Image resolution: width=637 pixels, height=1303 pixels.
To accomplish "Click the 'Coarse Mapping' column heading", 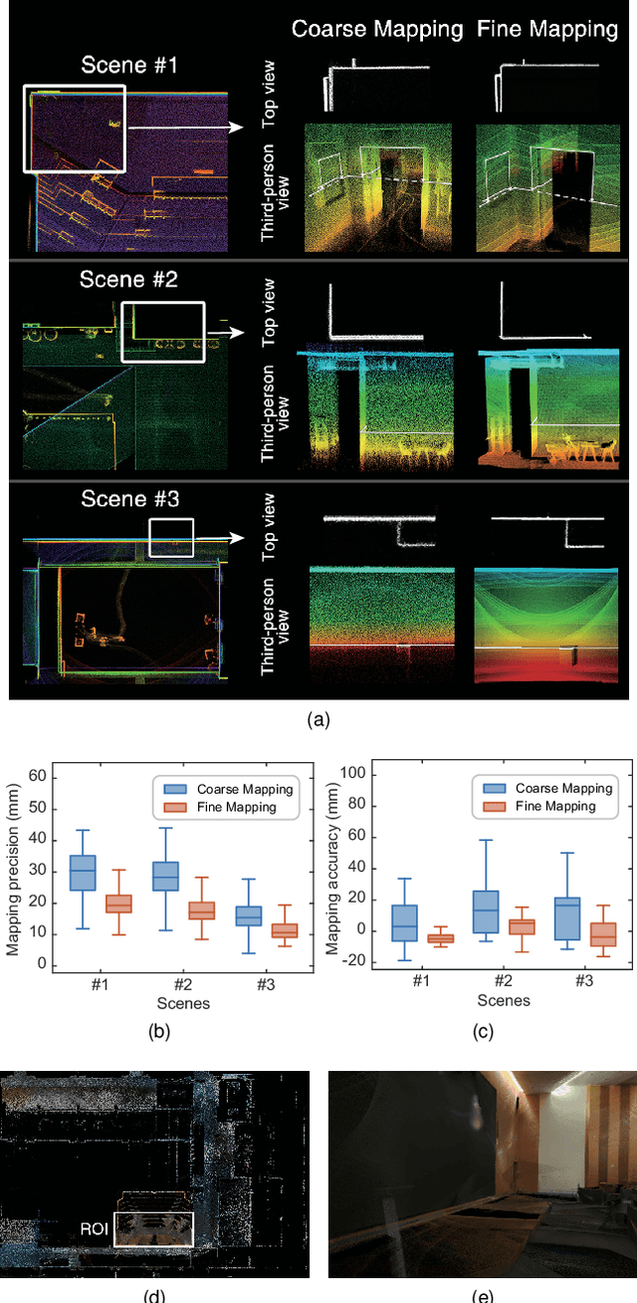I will click(377, 29).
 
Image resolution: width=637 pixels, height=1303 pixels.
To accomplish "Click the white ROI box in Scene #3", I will click(170, 538).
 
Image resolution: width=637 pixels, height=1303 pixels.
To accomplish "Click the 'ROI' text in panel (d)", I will click(95, 1228).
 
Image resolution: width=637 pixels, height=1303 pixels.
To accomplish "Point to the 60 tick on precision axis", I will click(40, 774).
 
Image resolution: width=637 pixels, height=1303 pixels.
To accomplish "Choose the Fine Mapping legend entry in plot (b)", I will click(229, 806).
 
